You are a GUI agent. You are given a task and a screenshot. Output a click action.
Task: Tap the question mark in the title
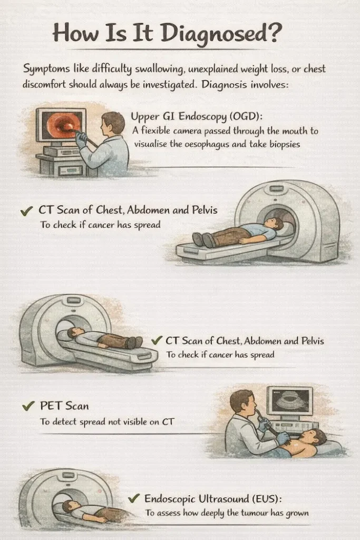[274, 33]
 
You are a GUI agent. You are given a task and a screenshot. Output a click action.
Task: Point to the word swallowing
[156, 70]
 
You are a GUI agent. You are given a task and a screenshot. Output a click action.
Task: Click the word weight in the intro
[255, 69]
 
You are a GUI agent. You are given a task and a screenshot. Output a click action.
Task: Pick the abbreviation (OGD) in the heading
[245, 117]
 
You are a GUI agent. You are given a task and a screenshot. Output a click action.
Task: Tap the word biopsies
[285, 144]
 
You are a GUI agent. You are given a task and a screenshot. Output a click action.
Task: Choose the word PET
[51, 406]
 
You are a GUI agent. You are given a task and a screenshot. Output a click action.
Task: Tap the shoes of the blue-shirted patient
[204, 239]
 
